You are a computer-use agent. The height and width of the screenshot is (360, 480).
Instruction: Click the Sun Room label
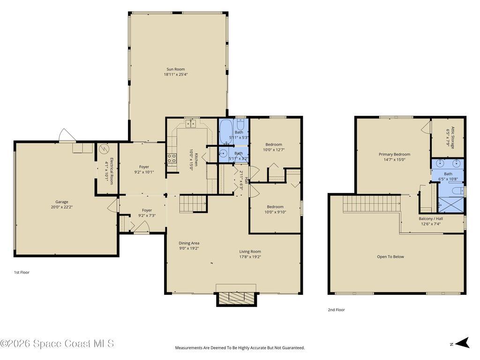176,69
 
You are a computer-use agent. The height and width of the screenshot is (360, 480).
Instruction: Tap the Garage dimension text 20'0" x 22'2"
62,207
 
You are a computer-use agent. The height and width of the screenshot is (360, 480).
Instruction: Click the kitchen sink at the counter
190,123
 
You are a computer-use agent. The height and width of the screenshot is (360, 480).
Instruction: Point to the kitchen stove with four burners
172,158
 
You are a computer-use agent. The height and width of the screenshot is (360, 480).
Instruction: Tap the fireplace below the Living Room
236,298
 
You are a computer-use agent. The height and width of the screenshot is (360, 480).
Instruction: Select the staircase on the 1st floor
193,204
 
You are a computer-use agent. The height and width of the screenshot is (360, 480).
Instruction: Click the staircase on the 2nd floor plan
370,204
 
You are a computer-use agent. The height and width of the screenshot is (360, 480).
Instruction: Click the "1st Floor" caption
22,272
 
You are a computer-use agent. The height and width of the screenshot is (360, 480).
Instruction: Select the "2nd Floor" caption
336,310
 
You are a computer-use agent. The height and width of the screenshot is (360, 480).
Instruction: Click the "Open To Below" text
390,257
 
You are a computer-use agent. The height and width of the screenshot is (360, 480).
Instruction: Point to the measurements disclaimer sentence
240,348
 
